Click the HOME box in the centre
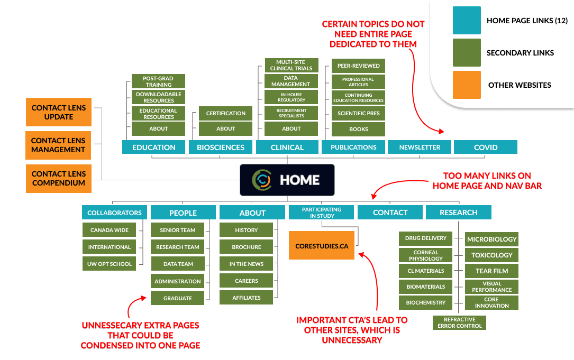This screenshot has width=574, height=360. tap(287, 180)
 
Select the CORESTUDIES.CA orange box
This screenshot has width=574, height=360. tap(321, 245)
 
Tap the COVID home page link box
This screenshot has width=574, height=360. tap(485, 147)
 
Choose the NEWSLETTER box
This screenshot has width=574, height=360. tap(420, 147)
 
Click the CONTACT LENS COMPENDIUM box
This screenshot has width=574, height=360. tap(58, 178)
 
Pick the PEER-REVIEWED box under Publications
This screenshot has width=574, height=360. tap(358, 66)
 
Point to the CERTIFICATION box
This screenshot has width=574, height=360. tap(225, 113)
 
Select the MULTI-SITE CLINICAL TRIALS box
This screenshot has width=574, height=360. tap(291, 65)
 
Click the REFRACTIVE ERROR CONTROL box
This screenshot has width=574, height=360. tap(459, 322)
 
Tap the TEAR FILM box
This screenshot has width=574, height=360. tap(491, 271)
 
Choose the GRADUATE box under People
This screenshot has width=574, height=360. tap(177, 298)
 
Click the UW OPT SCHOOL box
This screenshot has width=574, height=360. tap(110, 263)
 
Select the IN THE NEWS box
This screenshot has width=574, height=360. tap(246, 264)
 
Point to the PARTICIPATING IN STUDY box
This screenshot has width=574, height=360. tap(321, 213)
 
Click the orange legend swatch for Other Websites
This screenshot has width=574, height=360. tap(467, 85)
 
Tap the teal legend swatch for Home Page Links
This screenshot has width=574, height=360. tap(467, 21)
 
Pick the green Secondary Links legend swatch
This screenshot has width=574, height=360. tap(467, 52)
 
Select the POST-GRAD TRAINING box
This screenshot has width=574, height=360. tap(159, 81)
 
